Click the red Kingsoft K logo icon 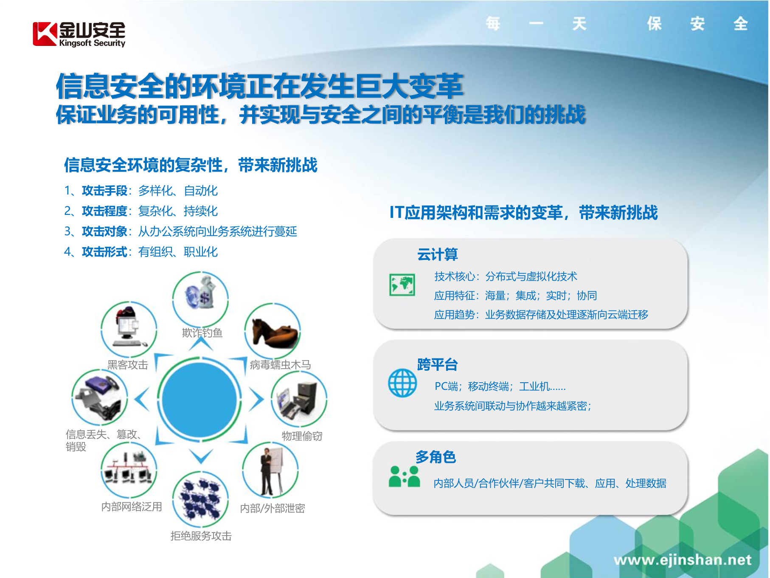click(x=45, y=34)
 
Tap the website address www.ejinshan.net click(x=682, y=560)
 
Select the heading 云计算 click(x=437, y=254)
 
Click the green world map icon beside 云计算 click(x=402, y=285)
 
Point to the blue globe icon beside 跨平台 click(x=402, y=383)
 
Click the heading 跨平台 click(x=437, y=364)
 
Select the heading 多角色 click(x=436, y=457)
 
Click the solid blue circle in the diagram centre click(x=200, y=400)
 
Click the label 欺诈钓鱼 click(x=202, y=333)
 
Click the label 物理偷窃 click(x=302, y=436)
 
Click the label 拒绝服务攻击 click(x=201, y=536)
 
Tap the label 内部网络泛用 click(x=132, y=507)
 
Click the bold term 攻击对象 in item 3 click(x=104, y=231)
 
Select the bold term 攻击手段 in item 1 click(x=104, y=191)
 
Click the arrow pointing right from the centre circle click(x=256, y=399)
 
